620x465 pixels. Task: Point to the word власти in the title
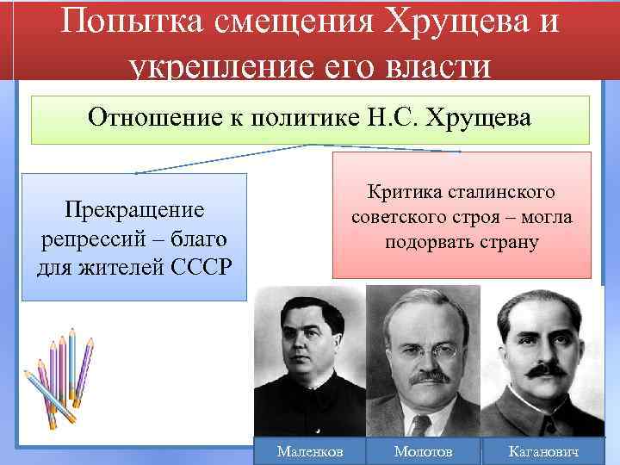(x=445, y=67)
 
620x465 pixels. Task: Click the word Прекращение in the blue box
(x=134, y=210)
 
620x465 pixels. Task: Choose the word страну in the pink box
(x=510, y=242)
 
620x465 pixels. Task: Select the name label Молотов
(x=422, y=451)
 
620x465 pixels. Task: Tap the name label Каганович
(x=542, y=451)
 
